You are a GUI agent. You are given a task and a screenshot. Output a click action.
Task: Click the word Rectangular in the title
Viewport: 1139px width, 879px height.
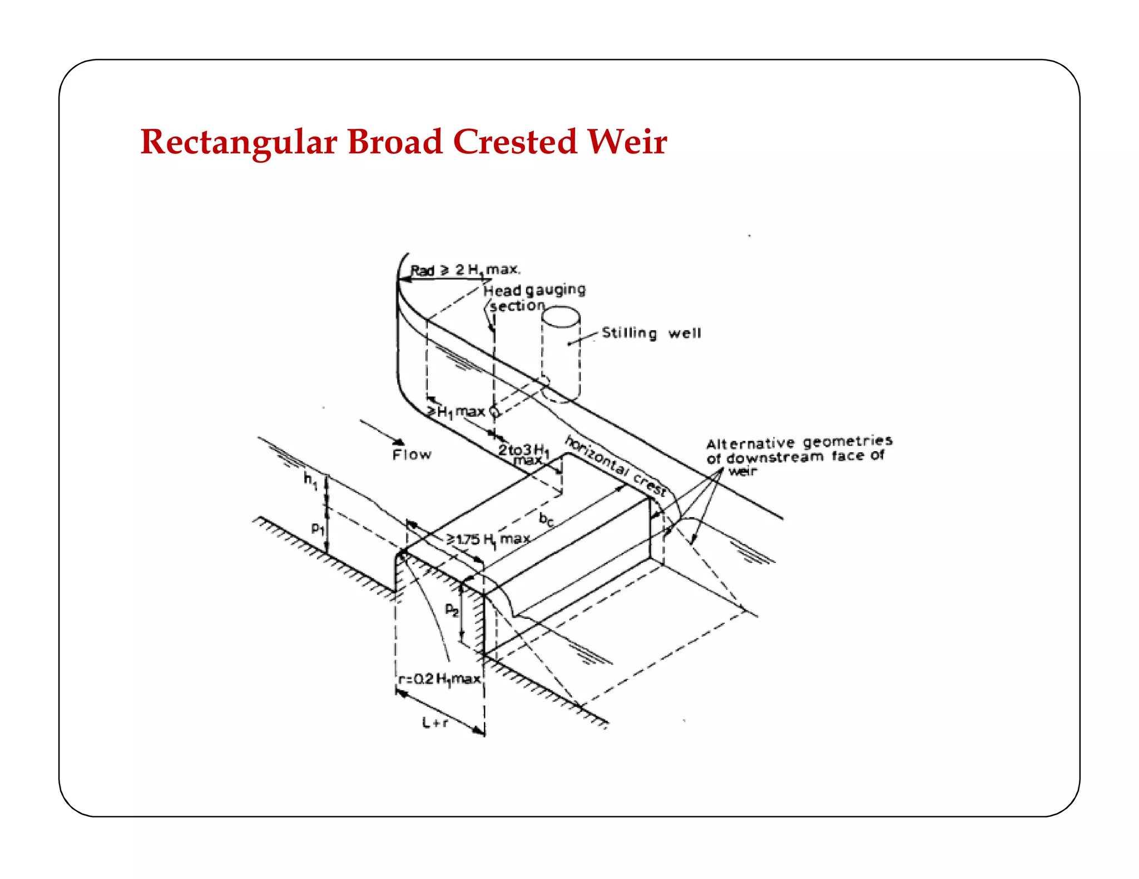(x=239, y=142)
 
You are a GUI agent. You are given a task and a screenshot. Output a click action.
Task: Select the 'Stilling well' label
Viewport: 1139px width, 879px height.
(x=651, y=333)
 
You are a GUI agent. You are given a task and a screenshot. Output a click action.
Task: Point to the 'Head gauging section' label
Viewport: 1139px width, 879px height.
(x=533, y=297)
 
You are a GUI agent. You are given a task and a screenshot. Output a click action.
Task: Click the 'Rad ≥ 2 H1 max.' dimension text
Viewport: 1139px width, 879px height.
(x=465, y=270)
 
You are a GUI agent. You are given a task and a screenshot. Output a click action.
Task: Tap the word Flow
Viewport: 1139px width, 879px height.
(x=412, y=455)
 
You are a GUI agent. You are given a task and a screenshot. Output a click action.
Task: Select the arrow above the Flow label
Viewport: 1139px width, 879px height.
(x=382, y=432)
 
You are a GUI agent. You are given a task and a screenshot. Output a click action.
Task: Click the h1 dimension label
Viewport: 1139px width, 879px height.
(x=310, y=480)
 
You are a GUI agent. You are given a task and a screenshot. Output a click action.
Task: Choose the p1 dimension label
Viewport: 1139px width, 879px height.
(x=318, y=527)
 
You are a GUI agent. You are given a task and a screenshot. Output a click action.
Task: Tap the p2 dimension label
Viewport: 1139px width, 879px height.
(x=452, y=610)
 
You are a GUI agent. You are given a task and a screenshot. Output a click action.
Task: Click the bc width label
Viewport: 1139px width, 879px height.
(x=547, y=519)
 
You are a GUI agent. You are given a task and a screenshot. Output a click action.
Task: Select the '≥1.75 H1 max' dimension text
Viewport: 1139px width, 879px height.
(x=489, y=539)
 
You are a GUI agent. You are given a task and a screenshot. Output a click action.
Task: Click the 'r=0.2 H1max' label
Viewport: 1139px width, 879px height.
(x=439, y=679)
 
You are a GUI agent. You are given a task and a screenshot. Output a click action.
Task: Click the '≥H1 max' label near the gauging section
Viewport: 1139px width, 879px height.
(x=456, y=412)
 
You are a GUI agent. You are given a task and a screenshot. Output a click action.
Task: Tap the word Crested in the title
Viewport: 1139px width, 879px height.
(x=515, y=142)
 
